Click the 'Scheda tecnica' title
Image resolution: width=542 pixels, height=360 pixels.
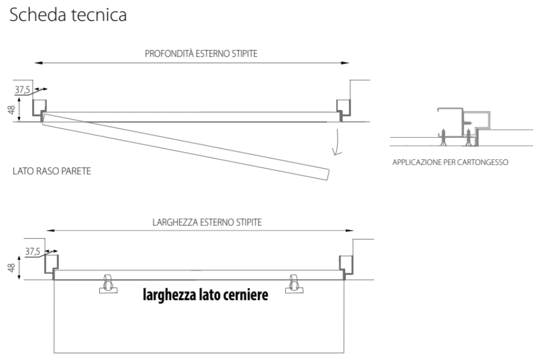(x=68, y=15)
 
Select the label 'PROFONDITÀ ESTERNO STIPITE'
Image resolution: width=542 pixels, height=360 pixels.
(x=201, y=54)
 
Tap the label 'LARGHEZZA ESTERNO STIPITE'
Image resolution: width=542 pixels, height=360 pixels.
(x=207, y=222)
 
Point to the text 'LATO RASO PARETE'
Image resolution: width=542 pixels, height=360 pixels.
(x=52, y=171)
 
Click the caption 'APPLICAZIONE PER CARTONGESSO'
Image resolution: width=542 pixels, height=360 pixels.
(x=450, y=162)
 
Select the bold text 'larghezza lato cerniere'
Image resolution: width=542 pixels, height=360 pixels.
(x=205, y=295)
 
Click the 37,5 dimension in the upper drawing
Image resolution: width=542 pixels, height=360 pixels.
(x=23, y=90)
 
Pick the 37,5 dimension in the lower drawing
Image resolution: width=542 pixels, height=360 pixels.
(x=33, y=251)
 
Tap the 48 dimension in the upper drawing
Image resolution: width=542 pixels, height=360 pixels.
(x=11, y=110)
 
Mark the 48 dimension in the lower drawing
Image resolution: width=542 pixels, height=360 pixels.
(x=11, y=268)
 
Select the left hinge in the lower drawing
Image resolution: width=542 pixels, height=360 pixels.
(x=108, y=284)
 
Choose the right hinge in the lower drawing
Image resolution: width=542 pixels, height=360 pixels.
(x=294, y=284)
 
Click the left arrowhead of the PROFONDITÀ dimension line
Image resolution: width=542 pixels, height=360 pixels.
(x=39, y=63)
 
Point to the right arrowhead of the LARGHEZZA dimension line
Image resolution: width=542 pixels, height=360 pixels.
(x=349, y=230)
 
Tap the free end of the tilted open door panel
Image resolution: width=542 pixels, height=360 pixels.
(x=327, y=175)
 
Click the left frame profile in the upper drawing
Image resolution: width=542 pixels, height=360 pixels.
(x=39, y=110)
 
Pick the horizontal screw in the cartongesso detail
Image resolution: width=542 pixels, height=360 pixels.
(x=467, y=122)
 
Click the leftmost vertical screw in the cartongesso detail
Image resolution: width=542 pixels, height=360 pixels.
(x=443, y=137)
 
